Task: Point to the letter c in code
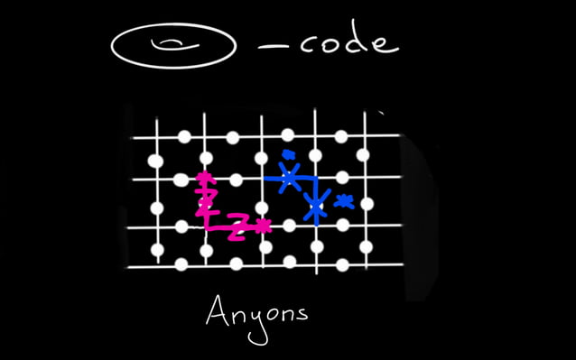pos(309,46)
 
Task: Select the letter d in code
pos(358,40)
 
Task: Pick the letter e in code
pos(384,44)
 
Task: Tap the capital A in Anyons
pos(218,312)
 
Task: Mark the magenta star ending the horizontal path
pos(262,226)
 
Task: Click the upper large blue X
pos(288,178)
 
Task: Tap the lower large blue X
pos(315,208)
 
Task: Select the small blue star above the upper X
pos(288,154)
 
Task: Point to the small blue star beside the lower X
pos(343,200)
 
